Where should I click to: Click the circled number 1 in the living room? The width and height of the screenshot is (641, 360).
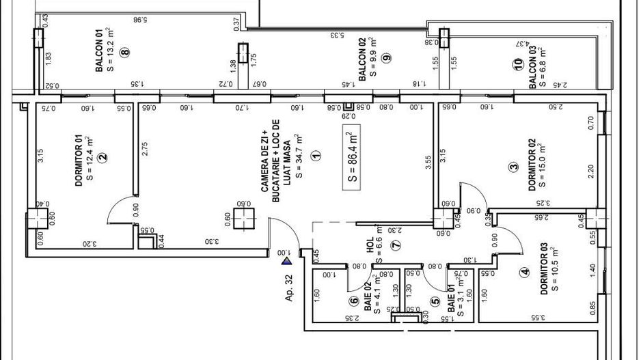[x=315, y=156]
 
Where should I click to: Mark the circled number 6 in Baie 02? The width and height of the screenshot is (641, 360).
[x=354, y=299]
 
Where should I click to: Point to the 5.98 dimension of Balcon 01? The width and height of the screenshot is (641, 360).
[x=140, y=20]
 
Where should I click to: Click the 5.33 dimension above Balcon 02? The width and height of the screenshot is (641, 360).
[x=336, y=33]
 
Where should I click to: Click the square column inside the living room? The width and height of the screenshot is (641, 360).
[x=243, y=219]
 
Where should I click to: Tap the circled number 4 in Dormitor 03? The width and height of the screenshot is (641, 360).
[x=525, y=272]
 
